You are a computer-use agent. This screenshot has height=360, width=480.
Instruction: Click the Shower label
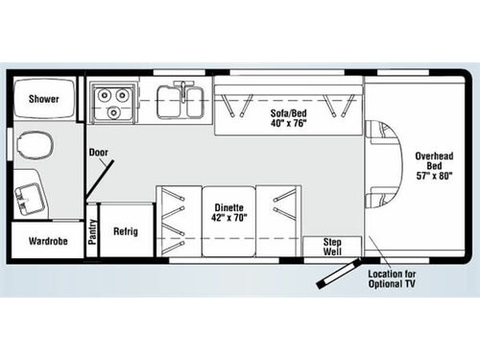[44, 99]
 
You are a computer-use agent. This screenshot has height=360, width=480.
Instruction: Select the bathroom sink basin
[25, 197]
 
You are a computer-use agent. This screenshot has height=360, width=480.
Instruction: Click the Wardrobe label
[44, 241]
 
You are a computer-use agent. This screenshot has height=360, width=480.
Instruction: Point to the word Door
[98, 152]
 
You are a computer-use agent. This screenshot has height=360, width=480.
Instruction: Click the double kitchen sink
[180, 100]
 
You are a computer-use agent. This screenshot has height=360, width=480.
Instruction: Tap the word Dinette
[228, 206]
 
